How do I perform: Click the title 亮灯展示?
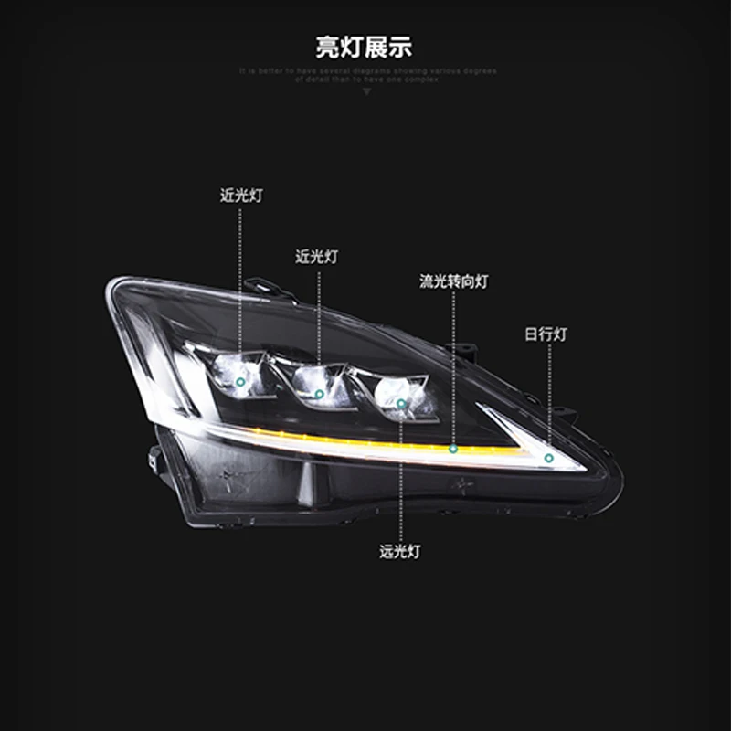click(x=365, y=47)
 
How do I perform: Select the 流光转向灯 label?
click(x=453, y=282)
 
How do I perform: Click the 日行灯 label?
click(x=546, y=334)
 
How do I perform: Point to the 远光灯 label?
click(x=400, y=552)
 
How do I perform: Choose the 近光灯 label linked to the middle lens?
click(x=317, y=257)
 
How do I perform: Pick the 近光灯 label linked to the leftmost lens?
click(x=241, y=196)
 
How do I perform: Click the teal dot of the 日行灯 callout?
click(x=549, y=458)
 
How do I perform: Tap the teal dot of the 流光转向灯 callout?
click(x=452, y=449)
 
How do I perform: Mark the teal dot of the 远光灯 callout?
click(x=400, y=403)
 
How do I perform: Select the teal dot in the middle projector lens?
click(x=319, y=394)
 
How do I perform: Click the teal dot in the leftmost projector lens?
click(x=240, y=380)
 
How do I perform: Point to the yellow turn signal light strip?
click(x=365, y=445)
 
